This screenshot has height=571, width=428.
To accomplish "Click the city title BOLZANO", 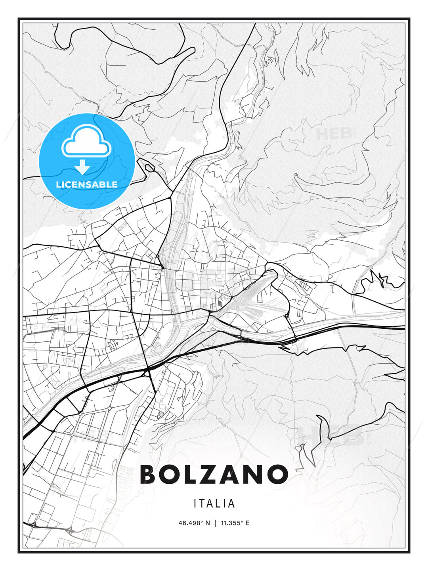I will click(x=214, y=475).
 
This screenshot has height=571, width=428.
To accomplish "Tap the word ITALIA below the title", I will click(x=214, y=504).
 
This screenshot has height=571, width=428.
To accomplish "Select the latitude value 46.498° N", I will click(x=194, y=523).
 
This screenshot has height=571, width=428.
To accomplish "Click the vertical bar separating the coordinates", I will click(x=215, y=523).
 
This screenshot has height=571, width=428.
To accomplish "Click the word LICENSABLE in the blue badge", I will click(x=87, y=184).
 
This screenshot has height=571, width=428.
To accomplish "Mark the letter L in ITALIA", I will click(x=218, y=504).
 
